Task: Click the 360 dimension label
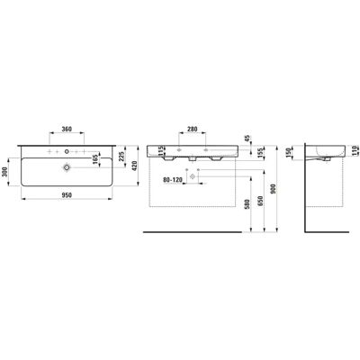tap(67, 129)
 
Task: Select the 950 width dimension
tap(67, 195)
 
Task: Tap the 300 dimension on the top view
tap(5, 173)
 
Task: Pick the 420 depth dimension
tap(134, 166)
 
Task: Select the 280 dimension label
tap(192, 129)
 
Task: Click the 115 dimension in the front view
tap(161, 150)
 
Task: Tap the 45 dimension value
tap(247, 139)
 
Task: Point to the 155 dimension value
tap(260, 151)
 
